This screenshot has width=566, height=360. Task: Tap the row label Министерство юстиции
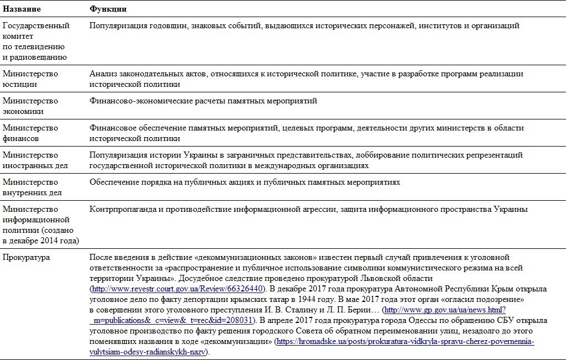[30, 79]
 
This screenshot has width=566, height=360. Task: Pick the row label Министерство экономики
[30, 106]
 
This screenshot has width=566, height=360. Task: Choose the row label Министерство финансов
[30, 133]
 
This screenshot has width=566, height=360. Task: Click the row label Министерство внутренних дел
[32, 187]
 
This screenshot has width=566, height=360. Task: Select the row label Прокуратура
[26, 257]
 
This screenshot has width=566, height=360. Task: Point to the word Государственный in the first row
[36, 25]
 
